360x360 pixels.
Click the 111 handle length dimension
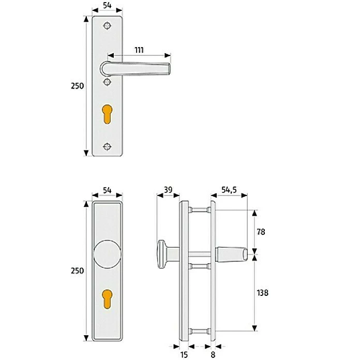point(139,50)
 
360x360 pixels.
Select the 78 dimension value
point(261,232)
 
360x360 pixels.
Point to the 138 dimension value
point(263,293)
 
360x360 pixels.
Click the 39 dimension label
point(168,190)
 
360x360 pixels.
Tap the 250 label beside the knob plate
point(78,271)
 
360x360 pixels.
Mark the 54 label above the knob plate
point(107,190)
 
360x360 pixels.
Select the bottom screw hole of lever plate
point(108,147)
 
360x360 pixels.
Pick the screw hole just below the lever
point(108,82)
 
